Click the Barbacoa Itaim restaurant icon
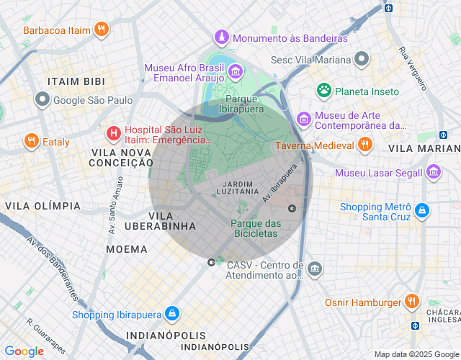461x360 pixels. [x=102, y=30]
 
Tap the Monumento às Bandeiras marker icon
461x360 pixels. [x=222, y=37]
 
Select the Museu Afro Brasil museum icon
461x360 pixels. [x=236, y=72]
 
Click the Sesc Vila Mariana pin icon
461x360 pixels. [x=362, y=59]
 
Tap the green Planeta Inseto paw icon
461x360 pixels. [x=324, y=91]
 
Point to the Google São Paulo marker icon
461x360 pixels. [x=43, y=100]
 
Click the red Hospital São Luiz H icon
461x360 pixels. [x=113, y=133]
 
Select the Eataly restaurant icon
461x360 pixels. [x=30, y=141]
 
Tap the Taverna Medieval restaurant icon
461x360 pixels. [x=365, y=145]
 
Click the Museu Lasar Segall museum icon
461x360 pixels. [x=433, y=172]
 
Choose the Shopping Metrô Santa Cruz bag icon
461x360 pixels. [x=422, y=212]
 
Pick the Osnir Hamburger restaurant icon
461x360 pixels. [x=411, y=302]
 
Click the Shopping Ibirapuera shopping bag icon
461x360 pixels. [x=172, y=314]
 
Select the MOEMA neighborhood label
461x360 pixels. [x=127, y=249]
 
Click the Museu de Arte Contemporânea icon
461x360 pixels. [x=304, y=118]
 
